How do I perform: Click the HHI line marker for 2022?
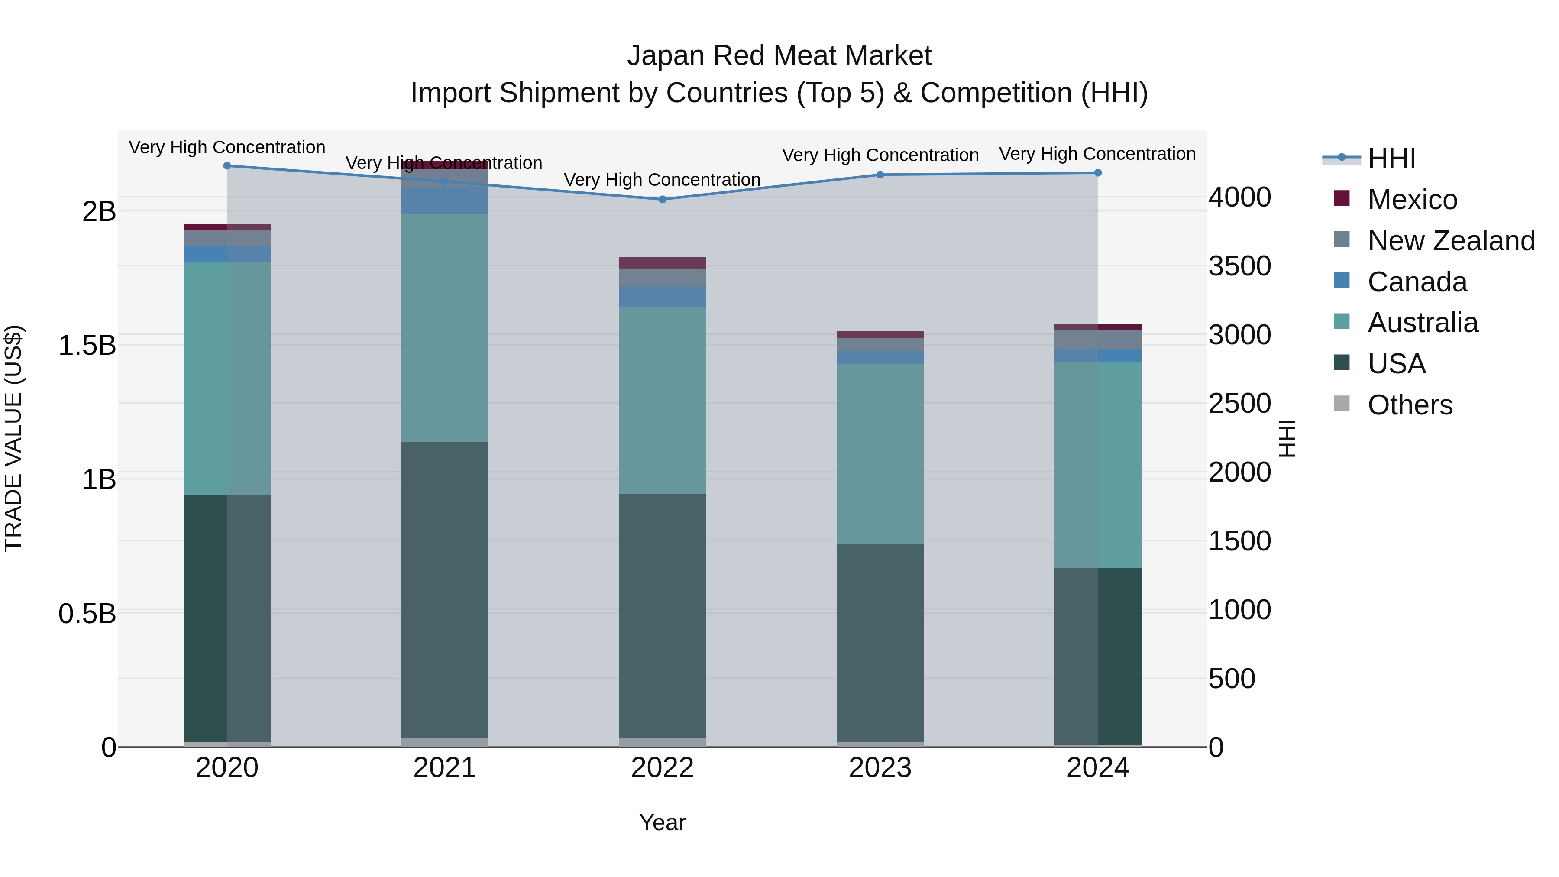(662, 199)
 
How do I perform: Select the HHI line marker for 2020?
(227, 165)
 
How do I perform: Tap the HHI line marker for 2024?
(1098, 172)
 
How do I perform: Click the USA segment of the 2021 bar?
(445, 590)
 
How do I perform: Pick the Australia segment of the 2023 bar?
(880, 454)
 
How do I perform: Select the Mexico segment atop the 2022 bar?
(662, 263)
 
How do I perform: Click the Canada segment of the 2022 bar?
(662, 297)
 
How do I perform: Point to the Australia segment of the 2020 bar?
(227, 378)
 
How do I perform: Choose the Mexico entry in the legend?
(1412, 200)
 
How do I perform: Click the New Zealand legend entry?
(1451, 241)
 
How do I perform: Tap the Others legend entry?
(1410, 405)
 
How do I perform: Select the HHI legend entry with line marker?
(1391, 159)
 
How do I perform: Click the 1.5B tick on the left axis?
(87, 346)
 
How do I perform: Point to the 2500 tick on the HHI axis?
(1239, 404)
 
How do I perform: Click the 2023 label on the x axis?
(880, 768)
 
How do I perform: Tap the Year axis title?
(662, 822)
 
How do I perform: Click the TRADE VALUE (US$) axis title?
(13, 438)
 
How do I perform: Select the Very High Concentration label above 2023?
(880, 155)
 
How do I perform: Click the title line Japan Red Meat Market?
(779, 56)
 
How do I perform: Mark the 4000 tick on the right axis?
(1239, 197)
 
